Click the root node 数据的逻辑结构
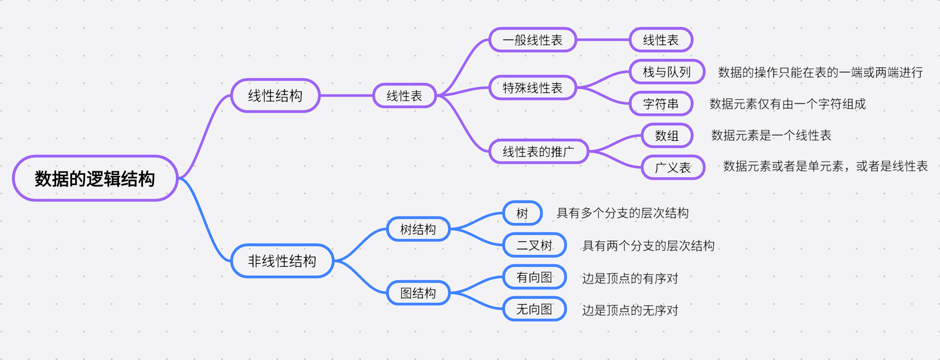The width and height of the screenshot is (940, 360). (x=95, y=178)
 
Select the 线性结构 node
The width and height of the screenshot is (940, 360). (x=275, y=96)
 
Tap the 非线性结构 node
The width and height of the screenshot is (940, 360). (x=282, y=261)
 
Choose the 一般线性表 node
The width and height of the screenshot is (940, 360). (x=533, y=40)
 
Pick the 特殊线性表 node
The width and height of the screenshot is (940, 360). (x=533, y=88)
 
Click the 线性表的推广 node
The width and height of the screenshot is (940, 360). (x=539, y=152)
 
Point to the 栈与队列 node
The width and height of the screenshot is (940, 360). (x=667, y=72)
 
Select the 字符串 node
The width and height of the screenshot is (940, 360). (x=661, y=104)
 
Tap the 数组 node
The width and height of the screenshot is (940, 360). (x=667, y=136)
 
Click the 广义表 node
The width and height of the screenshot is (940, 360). (x=673, y=167)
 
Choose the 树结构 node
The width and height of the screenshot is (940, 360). (x=418, y=229)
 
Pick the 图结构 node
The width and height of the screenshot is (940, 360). (x=418, y=293)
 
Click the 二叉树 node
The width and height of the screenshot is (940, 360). (x=534, y=245)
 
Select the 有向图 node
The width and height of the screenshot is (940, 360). (x=534, y=277)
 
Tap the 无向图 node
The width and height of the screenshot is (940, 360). (x=534, y=309)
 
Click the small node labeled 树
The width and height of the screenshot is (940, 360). (x=522, y=213)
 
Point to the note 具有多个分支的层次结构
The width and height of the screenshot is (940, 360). (x=622, y=213)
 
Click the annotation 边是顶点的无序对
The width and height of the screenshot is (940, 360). (x=630, y=310)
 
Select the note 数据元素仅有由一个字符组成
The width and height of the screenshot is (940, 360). (x=787, y=104)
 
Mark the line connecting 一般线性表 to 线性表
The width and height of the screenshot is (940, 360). (x=603, y=40)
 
